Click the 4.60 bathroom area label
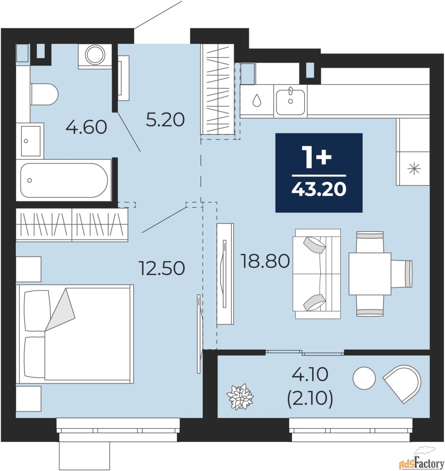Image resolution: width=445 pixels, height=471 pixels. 86,127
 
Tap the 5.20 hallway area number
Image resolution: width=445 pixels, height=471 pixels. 165,120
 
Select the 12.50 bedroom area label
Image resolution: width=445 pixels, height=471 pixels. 162,268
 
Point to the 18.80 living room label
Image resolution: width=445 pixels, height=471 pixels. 266,261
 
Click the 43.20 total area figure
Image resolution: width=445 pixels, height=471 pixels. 319,190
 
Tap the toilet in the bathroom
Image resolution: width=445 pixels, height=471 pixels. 44,94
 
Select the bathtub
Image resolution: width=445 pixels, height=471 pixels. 64,180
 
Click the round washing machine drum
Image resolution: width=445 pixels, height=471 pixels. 95,54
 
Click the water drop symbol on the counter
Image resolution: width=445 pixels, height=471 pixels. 257,100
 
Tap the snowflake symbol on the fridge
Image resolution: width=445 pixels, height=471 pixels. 414,169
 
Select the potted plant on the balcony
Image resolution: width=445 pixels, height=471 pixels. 240,397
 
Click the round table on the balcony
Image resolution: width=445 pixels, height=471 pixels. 364,378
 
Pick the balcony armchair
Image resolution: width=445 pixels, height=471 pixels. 402,383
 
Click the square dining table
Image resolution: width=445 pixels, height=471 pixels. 370,274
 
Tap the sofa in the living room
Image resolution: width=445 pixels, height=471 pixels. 317,274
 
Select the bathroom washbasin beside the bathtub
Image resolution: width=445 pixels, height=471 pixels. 31,141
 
